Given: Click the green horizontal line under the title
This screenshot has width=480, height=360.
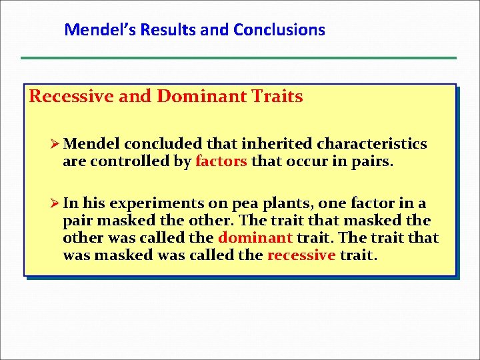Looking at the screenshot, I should [239, 58].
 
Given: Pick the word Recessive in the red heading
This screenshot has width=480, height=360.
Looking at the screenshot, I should [71, 97].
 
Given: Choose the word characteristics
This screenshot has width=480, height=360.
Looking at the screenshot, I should [372, 144].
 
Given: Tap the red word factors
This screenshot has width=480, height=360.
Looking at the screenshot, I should [221, 161].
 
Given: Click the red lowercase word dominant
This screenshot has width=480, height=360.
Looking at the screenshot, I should [255, 238].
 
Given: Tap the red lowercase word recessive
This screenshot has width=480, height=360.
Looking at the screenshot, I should [301, 255].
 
